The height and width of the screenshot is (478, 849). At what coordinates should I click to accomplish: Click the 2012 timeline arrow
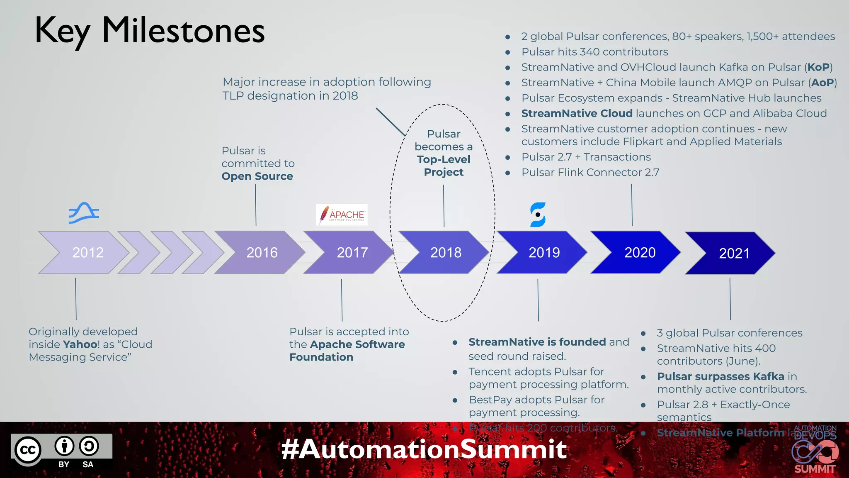(85, 252)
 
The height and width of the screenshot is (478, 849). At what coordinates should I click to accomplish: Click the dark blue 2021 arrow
(733, 253)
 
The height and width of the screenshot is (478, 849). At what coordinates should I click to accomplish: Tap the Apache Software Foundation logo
(342, 215)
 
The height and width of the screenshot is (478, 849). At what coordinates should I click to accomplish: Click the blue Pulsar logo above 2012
(84, 213)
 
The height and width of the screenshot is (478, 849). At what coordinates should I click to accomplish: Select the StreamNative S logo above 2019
(538, 215)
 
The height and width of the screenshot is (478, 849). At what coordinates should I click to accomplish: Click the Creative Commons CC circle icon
(28, 450)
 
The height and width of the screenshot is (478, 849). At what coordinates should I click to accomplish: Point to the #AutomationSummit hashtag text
(424, 449)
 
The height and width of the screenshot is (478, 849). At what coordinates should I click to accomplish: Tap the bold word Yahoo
(80, 344)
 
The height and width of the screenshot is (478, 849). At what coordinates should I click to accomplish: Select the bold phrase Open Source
(257, 176)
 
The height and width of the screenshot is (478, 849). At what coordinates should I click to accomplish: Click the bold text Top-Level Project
(444, 166)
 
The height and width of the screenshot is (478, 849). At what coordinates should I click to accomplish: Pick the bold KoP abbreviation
(818, 67)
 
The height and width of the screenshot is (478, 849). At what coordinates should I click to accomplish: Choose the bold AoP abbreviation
(822, 83)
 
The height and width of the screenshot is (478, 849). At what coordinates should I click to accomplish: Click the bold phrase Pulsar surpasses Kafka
(720, 376)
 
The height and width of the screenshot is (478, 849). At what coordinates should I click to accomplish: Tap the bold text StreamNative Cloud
(577, 113)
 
